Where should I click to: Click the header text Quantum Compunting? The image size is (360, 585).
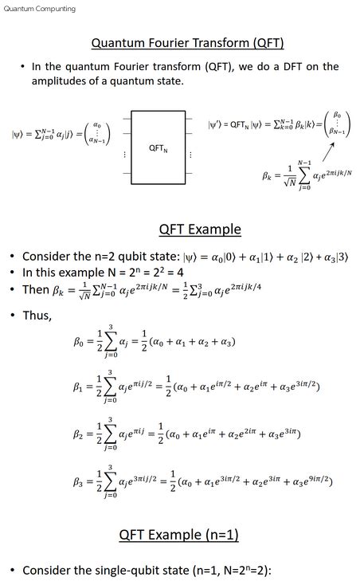tap(40, 9)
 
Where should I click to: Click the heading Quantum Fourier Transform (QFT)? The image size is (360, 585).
tap(188, 42)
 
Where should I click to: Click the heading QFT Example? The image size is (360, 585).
tap(199, 230)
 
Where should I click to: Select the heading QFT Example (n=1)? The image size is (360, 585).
tap(179, 533)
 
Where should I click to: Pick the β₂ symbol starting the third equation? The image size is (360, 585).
tap(77, 435)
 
